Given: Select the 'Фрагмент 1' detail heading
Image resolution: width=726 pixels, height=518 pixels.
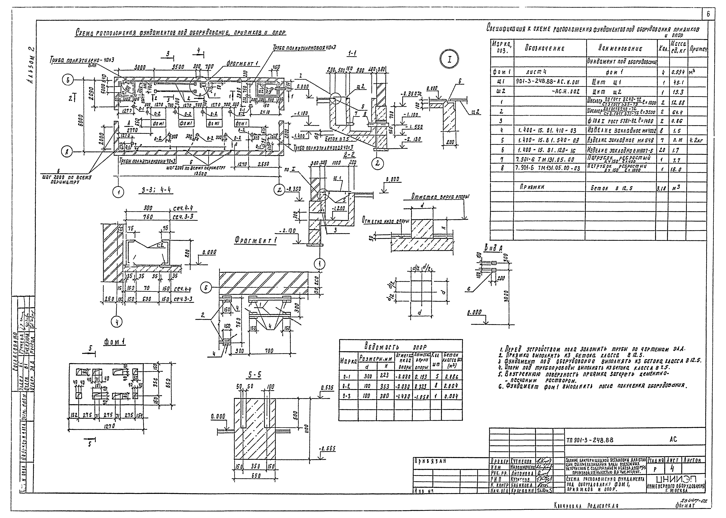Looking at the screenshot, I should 255,240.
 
